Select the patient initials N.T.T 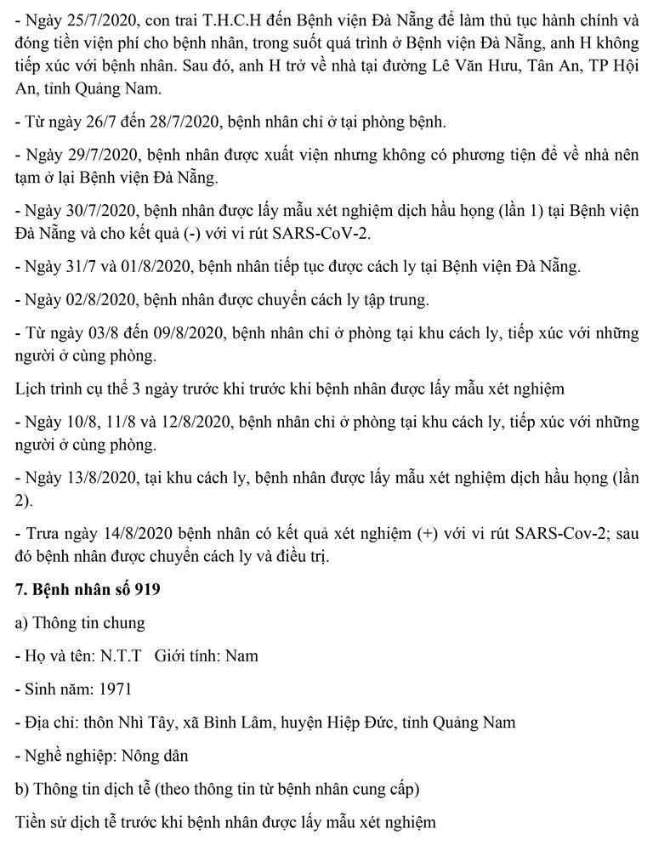(122, 655)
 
